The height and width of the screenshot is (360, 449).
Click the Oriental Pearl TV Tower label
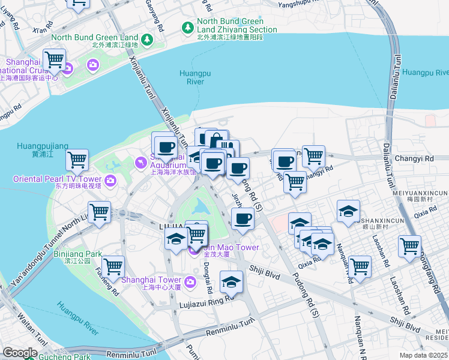pos(58,179)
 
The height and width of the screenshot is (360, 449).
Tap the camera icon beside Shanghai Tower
pos(190,281)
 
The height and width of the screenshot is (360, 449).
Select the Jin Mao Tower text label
pos(231,247)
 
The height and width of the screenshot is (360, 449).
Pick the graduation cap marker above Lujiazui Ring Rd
pos(231,281)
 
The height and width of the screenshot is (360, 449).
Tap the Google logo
pos(20,353)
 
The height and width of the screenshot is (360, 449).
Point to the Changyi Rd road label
pos(414,158)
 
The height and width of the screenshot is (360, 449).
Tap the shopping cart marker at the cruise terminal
pos(54,59)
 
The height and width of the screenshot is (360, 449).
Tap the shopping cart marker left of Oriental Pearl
pos(77,160)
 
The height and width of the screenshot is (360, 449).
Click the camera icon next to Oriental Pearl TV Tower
pos(110,180)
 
